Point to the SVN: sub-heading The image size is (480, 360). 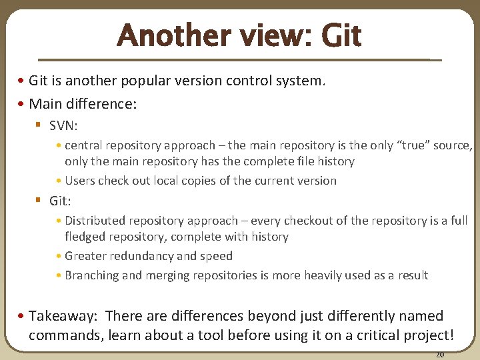click(63, 126)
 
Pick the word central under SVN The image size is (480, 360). click(85, 145)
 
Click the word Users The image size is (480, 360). click(80, 181)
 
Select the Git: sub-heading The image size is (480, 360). click(60, 201)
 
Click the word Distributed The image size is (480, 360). click(95, 221)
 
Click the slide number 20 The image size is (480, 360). click(440, 355)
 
